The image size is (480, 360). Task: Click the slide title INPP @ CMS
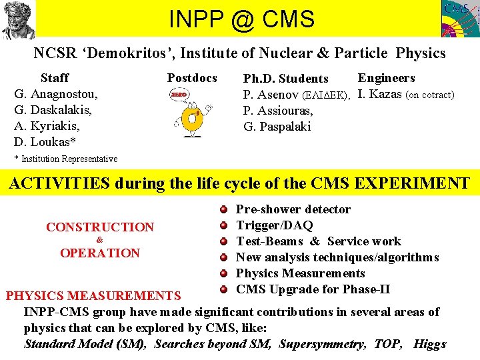tap(241, 19)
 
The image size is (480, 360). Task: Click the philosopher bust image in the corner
tap(18, 19)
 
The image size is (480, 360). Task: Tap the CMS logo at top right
tap(459, 19)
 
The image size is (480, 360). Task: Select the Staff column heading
tap(55, 78)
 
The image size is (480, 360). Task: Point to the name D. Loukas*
tap(44, 142)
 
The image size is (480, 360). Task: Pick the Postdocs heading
tap(192, 78)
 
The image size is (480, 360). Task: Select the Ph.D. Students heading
tap(285, 79)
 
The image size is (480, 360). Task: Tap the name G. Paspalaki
tap(277, 127)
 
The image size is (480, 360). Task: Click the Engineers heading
tap(387, 78)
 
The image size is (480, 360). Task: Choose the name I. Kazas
tap(380, 94)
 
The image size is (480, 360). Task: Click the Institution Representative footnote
tap(66, 159)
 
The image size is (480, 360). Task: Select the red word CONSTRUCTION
tap(100, 227)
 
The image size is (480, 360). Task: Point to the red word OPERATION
tap(100, 253)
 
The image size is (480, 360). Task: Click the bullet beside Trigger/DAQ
tap(225, 225)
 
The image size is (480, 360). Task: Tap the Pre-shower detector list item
tap(293, 209)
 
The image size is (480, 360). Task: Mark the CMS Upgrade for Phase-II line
tap(313, 289)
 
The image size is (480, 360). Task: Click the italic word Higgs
tap(430, 344)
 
